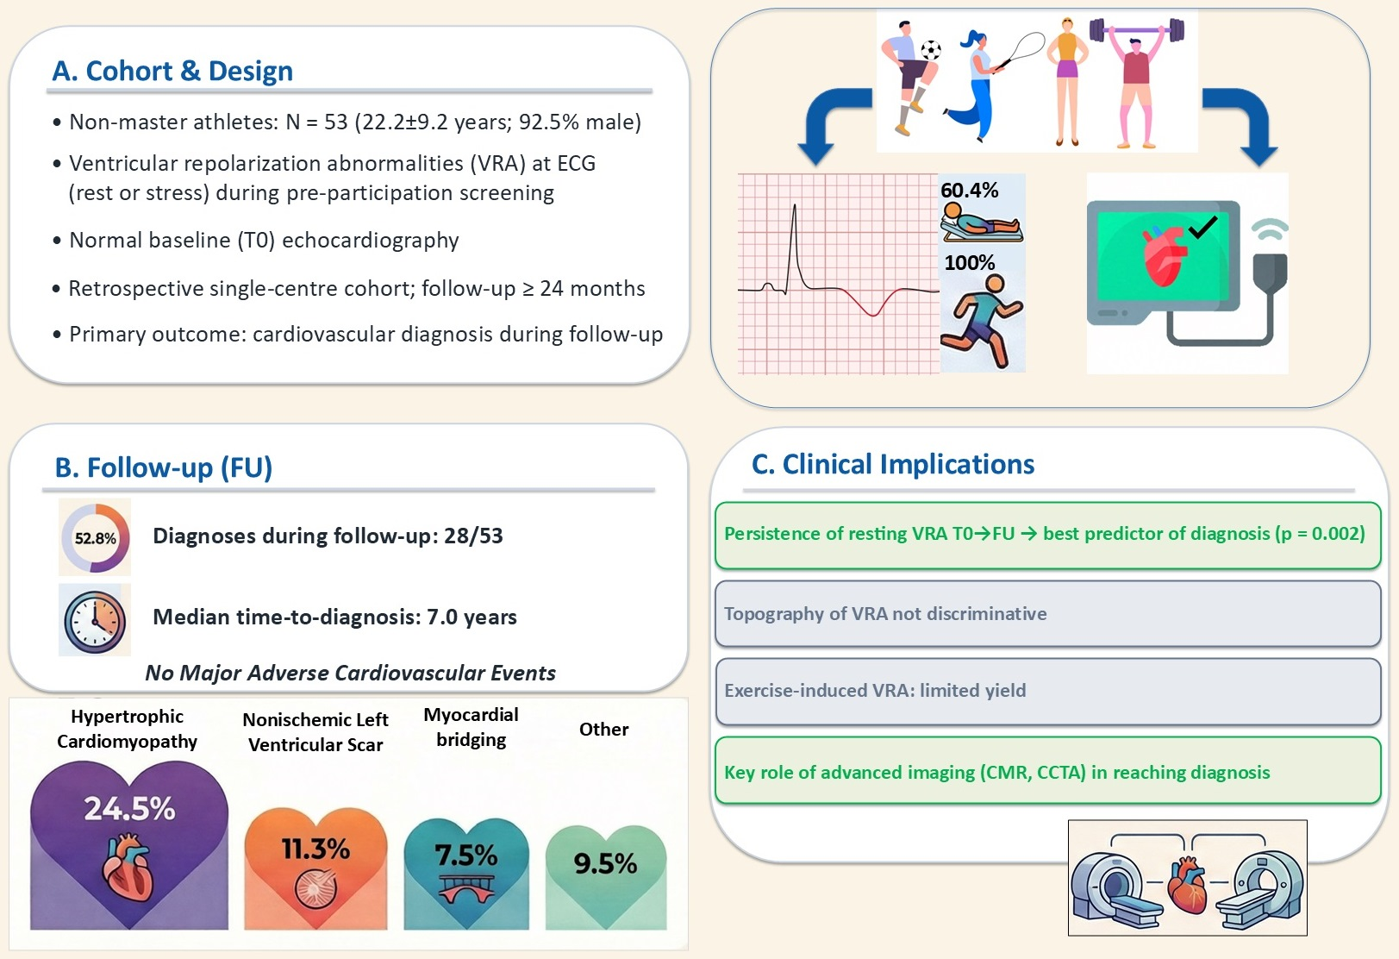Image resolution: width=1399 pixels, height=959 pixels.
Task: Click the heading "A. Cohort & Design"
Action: (172, 71)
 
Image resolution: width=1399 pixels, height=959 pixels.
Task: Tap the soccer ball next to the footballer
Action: (931, 50)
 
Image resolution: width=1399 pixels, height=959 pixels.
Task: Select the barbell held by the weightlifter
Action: (1137, 30)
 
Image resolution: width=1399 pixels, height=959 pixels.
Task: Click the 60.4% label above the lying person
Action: (970, 190)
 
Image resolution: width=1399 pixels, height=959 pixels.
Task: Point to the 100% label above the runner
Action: (970, 262)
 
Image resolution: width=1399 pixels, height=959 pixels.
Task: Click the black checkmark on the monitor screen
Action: (1202, 228)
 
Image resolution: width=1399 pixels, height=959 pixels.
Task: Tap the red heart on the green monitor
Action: (1164, 255)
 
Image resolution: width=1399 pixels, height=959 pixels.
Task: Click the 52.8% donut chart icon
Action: (95, 537)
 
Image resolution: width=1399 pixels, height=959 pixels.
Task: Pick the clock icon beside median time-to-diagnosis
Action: (95, 620)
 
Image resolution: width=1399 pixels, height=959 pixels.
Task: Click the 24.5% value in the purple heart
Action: (130, 808)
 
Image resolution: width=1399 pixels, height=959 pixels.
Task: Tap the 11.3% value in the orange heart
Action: (316, 849)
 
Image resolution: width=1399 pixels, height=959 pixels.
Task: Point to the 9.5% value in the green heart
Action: (605, 863)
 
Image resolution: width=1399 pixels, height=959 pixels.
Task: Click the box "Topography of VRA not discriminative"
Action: (1048, 613)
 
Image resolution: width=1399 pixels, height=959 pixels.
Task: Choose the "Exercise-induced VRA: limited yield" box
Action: (1048, 691)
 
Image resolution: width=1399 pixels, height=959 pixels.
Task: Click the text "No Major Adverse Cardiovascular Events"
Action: (350, 673)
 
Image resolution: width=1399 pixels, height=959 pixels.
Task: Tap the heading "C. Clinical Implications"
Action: (893, 464)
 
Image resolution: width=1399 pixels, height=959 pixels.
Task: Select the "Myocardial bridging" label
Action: (471, 727)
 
